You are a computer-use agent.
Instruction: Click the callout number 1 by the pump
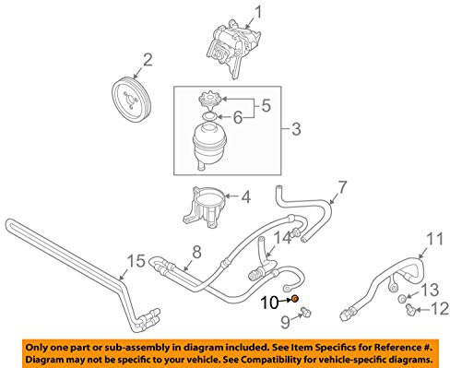(x=258, y=13)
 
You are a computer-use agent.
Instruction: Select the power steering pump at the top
(x=234, y=48)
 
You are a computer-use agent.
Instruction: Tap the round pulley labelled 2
(x=131, y=101)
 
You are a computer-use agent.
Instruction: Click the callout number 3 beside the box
(x=296, y=129)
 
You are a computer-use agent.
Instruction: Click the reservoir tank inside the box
(x=209, y=146)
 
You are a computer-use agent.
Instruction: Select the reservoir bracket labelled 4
(x=207, y=207)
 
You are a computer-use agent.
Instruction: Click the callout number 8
(x=196, y=252)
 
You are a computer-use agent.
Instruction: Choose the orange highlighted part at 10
(x=295, y=298)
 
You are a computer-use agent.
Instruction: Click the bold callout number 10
(x=269, y=303)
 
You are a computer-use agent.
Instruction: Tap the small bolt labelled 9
(x=305, y=312)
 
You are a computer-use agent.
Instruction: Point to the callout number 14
(x=282, y=238)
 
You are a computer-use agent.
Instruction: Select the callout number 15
(x=136, y=261)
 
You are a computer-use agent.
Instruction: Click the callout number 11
(x=435, y=239)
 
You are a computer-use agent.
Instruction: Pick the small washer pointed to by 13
(x=401, y=299)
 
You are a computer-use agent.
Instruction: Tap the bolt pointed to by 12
(x=410, y=308)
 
